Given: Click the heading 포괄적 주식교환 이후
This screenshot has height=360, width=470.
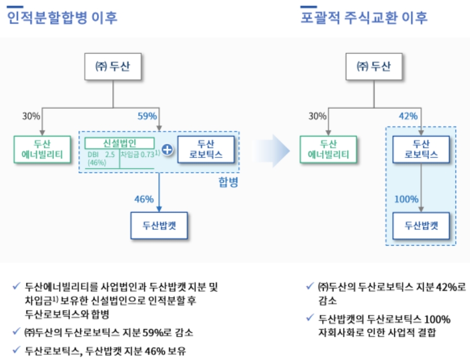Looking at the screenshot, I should [x=364, y=17].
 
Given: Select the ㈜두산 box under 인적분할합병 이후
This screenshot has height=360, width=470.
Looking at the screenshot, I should [x=113, y=67].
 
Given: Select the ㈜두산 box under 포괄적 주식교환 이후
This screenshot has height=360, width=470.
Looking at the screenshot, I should [x=373, y=67].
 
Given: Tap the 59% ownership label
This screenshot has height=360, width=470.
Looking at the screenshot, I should [x=147, y=116].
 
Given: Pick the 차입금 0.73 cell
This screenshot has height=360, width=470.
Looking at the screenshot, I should [x=137, y=154].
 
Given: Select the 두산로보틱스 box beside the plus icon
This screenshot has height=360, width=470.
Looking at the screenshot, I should [x=206, y=149].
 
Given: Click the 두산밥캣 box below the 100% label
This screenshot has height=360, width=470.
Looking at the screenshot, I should [x=421, y=226].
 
